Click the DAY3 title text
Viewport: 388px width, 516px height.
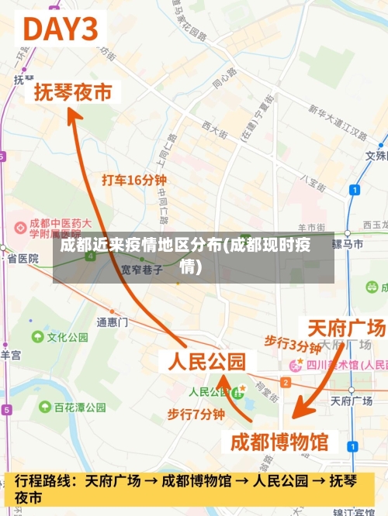pyautogui.click(x=62, y=29)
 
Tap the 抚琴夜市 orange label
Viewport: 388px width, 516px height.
pyautogui.click(x=73, y=93)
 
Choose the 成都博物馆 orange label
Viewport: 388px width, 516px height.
pyautogui.click(x=280, y=442)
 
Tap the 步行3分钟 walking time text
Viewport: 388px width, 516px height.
pyautogui.click(x=293, y=344)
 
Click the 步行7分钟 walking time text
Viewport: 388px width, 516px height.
pyautogui.click(x=196, y=415)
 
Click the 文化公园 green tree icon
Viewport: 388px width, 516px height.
pyautogui.click(x=37, y=337)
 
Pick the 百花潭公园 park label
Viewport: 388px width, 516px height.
pyautogui.click(x=80, y=407)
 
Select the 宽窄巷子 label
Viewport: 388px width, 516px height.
pyautogui.click(x=142, y=270)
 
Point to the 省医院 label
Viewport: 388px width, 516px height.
pyautogui.click(x=23, y=259)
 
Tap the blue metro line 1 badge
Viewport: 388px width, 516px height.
pyautogui.click(x=355, y=189)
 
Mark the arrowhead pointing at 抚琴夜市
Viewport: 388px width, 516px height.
pyautogui.click(x=72, y=115)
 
